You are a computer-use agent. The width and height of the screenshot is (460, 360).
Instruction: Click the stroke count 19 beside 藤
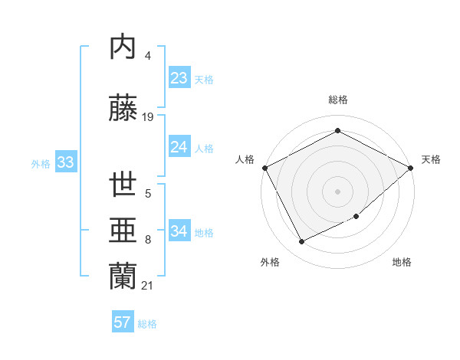(148, 117)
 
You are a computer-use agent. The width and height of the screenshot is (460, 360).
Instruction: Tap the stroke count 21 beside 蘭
(148, 286)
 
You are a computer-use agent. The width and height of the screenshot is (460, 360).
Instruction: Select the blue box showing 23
(179, 78)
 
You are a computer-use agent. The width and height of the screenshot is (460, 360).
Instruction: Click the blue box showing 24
(179, 147)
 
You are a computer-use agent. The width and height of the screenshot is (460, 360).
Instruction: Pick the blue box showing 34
(179, 231)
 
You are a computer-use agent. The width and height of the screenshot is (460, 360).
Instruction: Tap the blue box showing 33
(65, 162)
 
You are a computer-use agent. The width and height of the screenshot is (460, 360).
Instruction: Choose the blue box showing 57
(123, 322)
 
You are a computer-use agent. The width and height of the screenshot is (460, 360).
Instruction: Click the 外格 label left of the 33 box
(41, 163)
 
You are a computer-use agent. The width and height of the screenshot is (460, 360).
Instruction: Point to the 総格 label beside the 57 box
(147, 324)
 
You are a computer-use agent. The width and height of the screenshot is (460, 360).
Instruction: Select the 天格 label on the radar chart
(431, 159)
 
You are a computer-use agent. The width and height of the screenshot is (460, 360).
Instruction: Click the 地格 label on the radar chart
(402, 263)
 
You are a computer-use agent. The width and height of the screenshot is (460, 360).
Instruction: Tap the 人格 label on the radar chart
(245, 159)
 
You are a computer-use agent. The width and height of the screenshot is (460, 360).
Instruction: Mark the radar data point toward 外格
(302, 242)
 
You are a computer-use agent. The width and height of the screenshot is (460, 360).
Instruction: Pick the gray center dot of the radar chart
(337, 191)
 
